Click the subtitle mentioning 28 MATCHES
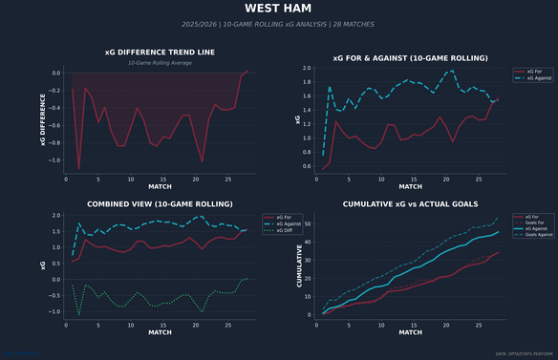click(278, 24)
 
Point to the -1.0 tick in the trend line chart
click(54, 159)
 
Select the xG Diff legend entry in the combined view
click(284, 231)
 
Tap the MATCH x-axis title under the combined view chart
click(161, 331)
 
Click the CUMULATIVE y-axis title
click(301, 265)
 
